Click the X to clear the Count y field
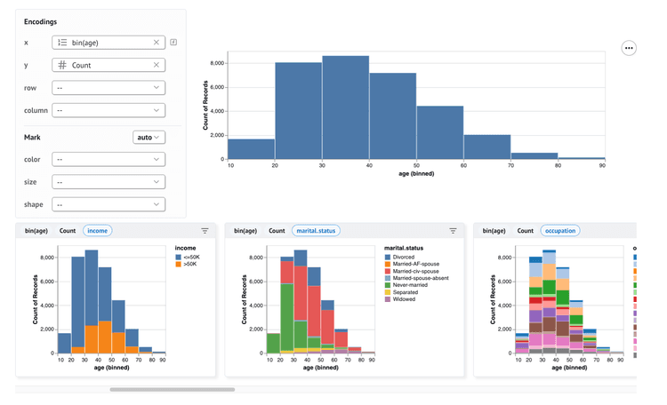[157, 65]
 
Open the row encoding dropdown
[108, 88]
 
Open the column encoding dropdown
[108, 110]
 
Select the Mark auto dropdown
[149, 138]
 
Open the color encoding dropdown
[108, 160]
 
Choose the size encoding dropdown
[108, 182]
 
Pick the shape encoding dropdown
[108, 204]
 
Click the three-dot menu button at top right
[629, 48]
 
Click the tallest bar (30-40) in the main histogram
[345, 107]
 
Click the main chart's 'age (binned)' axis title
[416, 174]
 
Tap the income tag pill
[97, 231]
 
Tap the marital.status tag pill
[316, 231]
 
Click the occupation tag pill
[559, 231]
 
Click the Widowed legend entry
[403, 299]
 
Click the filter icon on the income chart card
[205, 231]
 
